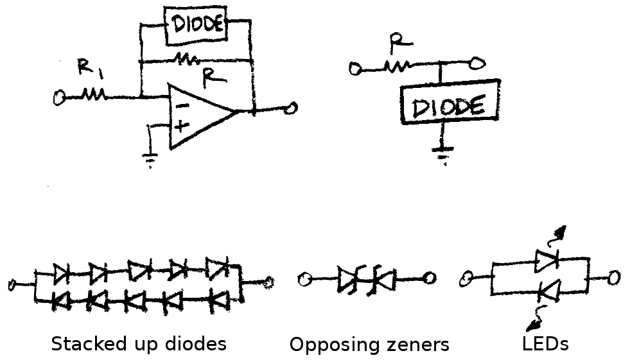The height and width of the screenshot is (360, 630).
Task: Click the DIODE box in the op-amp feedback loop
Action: point(197,25)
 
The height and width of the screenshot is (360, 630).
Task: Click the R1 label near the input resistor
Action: point(85,67)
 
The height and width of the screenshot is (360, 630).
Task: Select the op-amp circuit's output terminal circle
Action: point(292,109)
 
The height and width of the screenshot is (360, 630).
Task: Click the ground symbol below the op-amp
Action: point(150,159)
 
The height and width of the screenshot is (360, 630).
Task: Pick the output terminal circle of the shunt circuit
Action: point(477,64)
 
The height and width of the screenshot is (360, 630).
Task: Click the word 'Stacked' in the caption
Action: point(83,344)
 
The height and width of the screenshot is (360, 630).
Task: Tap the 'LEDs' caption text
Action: point(545,344)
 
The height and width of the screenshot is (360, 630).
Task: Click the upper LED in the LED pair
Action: point(547,259)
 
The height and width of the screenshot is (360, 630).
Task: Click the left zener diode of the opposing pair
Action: point(348,279)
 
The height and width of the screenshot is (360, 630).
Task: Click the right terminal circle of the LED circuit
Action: point(614,278)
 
